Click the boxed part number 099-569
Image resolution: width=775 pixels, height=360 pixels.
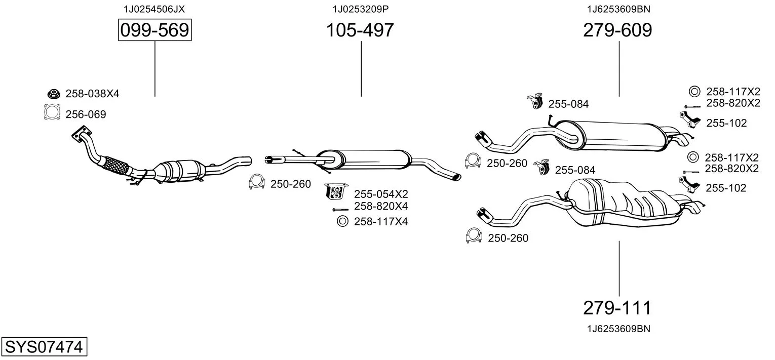coord(154,30)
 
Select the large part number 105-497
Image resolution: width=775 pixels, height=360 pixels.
coord(359,30)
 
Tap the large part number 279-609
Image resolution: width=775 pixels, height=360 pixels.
coord(617,30)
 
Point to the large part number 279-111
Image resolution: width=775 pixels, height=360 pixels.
coord(617,307)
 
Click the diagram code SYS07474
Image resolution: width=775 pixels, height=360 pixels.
coord(44,347)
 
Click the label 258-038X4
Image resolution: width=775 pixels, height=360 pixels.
coord(92,94)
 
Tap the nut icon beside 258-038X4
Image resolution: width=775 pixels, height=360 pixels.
coord(52,94)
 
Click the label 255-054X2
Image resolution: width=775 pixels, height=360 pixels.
coord(381,194)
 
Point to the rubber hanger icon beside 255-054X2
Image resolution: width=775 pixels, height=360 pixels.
coord(335,191)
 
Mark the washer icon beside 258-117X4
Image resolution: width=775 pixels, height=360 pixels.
coord(342,221)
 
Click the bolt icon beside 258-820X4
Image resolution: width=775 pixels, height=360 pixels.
coord(340,209)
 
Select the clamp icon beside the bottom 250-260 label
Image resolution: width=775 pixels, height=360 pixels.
coord(474,236)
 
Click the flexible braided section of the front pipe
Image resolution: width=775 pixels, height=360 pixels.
coord(116,165)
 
